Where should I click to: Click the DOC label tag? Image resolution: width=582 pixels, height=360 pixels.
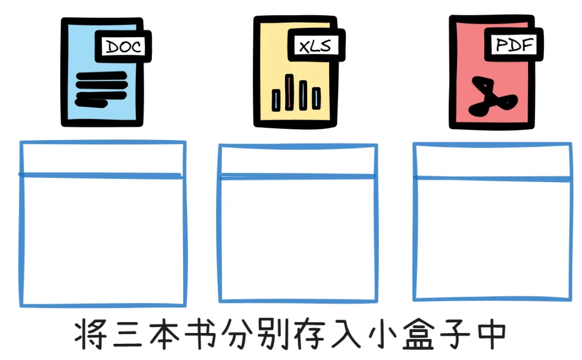[x=123, y=47]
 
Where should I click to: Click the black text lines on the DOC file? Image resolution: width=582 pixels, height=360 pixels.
[x=101, y=88]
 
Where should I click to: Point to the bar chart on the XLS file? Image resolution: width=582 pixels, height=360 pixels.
[x=297, y=93]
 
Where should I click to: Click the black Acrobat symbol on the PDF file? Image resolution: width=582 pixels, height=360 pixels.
[x=491, y=98]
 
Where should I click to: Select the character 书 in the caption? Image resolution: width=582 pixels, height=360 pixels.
[x=203, y=336]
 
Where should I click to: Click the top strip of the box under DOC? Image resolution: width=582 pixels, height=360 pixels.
[x=102, y=158]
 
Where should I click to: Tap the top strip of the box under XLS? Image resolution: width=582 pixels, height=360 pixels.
[x=297, y=161]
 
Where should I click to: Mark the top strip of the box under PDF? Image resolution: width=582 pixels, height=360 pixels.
[x=493, y=161]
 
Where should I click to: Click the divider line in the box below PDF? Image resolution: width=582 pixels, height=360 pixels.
[x=493, y=178]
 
